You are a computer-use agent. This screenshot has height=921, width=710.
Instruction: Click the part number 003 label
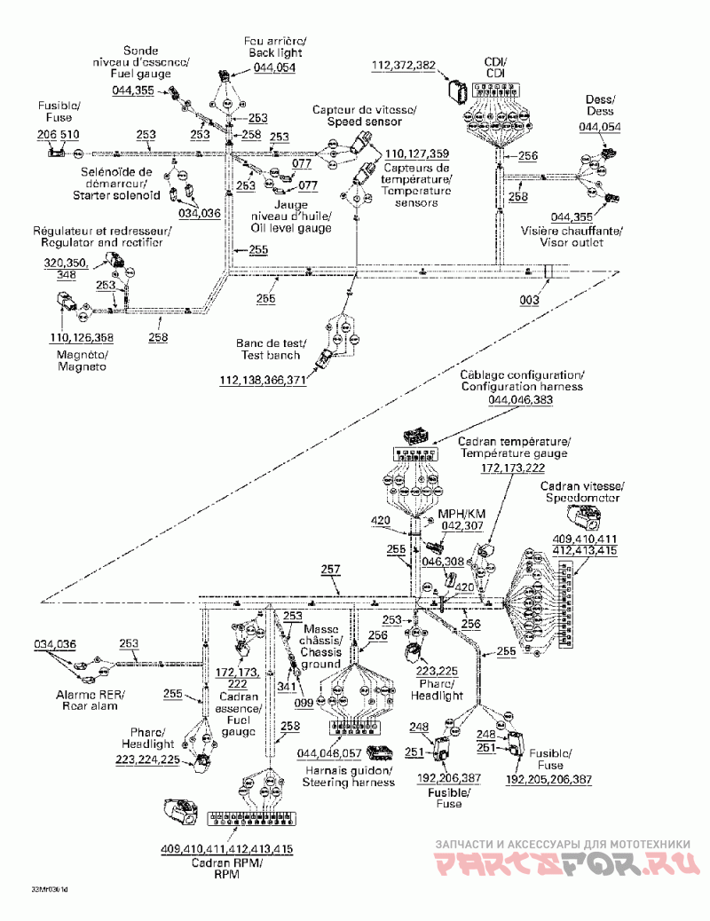coord(529,301)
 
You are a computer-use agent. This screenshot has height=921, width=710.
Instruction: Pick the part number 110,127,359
coord(416,153)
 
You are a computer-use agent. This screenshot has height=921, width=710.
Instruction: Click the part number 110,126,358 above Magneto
coord(83,337)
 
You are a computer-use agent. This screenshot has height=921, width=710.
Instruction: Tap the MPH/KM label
coord(460,514)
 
